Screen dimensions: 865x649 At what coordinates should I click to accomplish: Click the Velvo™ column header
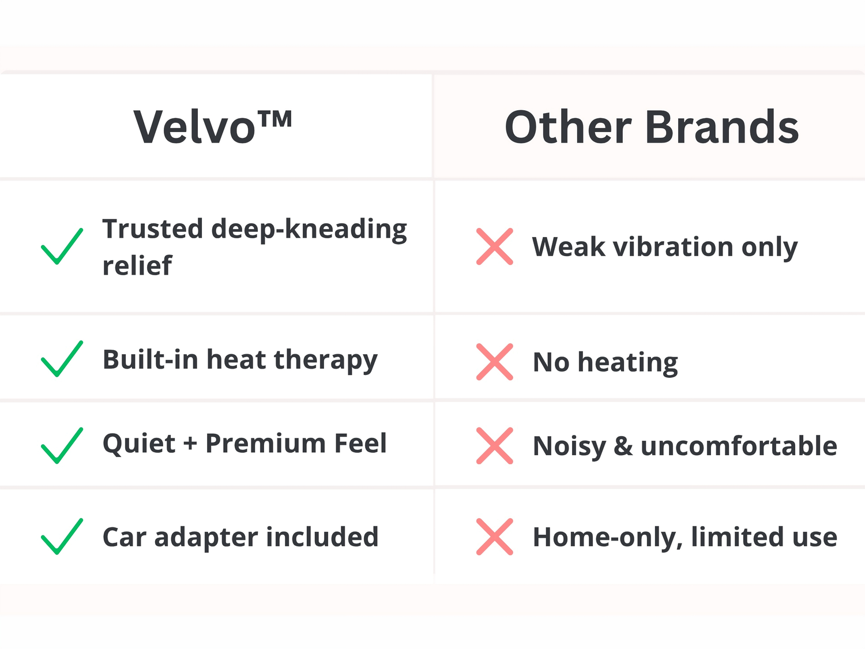213,127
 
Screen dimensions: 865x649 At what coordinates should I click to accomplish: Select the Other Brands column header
652,127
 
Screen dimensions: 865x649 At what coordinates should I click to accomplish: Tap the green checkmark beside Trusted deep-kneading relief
62,246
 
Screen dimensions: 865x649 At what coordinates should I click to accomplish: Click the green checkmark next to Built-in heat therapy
62,359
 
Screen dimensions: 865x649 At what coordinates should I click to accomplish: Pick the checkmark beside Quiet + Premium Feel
62,445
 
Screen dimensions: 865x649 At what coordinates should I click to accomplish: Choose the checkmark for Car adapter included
62,537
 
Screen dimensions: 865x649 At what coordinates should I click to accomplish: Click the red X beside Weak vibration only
495,246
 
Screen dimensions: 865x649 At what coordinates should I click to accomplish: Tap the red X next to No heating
495,362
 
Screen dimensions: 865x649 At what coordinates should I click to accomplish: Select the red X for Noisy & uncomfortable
495,446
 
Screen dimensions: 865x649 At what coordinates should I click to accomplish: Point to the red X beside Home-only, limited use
495,537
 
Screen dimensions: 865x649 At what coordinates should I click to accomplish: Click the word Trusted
153,228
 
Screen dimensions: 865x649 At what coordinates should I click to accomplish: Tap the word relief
137,265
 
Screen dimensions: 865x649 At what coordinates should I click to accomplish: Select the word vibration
673,247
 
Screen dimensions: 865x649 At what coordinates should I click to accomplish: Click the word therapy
325,360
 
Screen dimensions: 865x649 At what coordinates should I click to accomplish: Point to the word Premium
266,443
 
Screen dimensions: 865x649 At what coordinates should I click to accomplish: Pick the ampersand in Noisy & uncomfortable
623,446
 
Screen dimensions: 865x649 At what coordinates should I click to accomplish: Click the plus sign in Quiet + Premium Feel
190,444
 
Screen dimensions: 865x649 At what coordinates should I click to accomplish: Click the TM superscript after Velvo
276,118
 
